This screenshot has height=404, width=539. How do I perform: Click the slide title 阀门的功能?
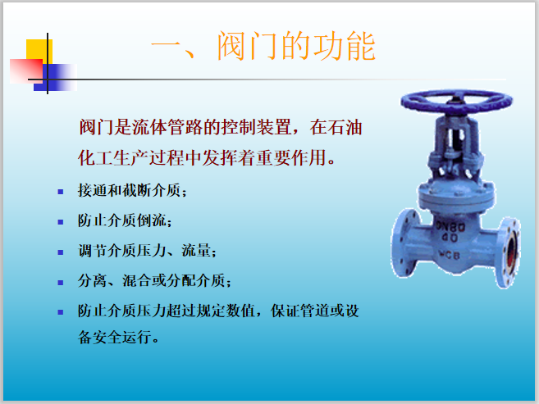(x=263, y=47)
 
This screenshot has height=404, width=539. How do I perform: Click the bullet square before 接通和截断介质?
(x=60, y=192)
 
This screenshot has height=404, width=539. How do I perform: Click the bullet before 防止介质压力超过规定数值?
(x=60, y=311)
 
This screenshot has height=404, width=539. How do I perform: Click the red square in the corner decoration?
(x=25, y=70)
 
